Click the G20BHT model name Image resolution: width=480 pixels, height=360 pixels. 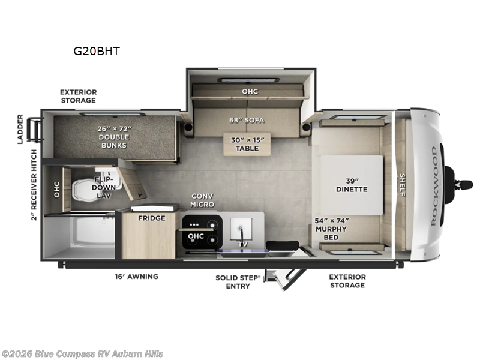click(97, 51)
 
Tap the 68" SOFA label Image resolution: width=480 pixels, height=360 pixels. click(246, 119)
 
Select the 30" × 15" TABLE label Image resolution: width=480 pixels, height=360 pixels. click(248, 143)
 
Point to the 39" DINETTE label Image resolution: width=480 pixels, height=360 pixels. click(351, 185)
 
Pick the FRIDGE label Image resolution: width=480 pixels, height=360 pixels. click(151, 218)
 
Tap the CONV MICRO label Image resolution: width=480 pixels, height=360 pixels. click(202, 200)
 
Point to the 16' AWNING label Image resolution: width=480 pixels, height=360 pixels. click(136, 277)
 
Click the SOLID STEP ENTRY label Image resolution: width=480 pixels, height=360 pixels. click(238, 281)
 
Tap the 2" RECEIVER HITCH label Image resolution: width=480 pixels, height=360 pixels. click(34, 185)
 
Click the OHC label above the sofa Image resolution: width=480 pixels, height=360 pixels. click(250, 91)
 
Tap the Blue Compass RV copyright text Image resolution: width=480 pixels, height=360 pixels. click(82, 354)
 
